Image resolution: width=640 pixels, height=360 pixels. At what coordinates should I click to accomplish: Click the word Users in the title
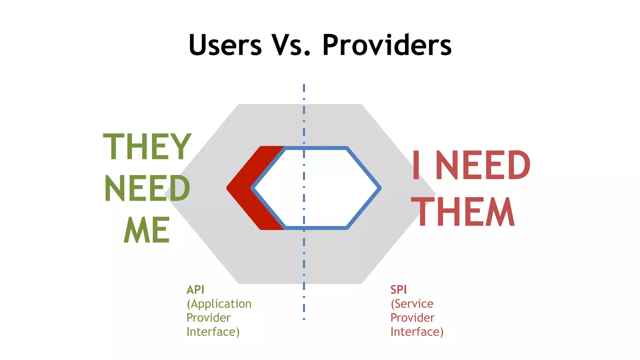(225, 45)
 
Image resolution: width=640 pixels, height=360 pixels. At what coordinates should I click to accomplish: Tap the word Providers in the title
(387, 45)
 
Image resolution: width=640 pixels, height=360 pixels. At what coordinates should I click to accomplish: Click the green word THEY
(147, 147)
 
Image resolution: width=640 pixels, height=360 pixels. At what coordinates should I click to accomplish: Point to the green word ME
(147, 230)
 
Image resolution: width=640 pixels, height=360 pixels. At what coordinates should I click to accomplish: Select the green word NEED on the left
(147, 188)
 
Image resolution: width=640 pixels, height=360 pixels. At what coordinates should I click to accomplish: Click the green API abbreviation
(195, 290)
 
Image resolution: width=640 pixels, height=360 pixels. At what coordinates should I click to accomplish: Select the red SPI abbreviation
(398, 290)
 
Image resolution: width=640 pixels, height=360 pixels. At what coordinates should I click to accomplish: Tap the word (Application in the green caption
(219, 304)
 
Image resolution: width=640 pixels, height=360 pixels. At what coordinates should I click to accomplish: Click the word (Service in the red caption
(412, 304)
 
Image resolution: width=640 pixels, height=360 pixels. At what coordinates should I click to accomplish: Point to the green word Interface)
(213, 332)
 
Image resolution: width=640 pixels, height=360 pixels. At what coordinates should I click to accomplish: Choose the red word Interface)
(417, 332)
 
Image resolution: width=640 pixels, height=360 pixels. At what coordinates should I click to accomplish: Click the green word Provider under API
(208, 318)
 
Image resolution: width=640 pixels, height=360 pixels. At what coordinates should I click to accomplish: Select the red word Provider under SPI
(412, 318)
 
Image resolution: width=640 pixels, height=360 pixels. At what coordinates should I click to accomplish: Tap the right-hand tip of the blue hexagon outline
(380, 188)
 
